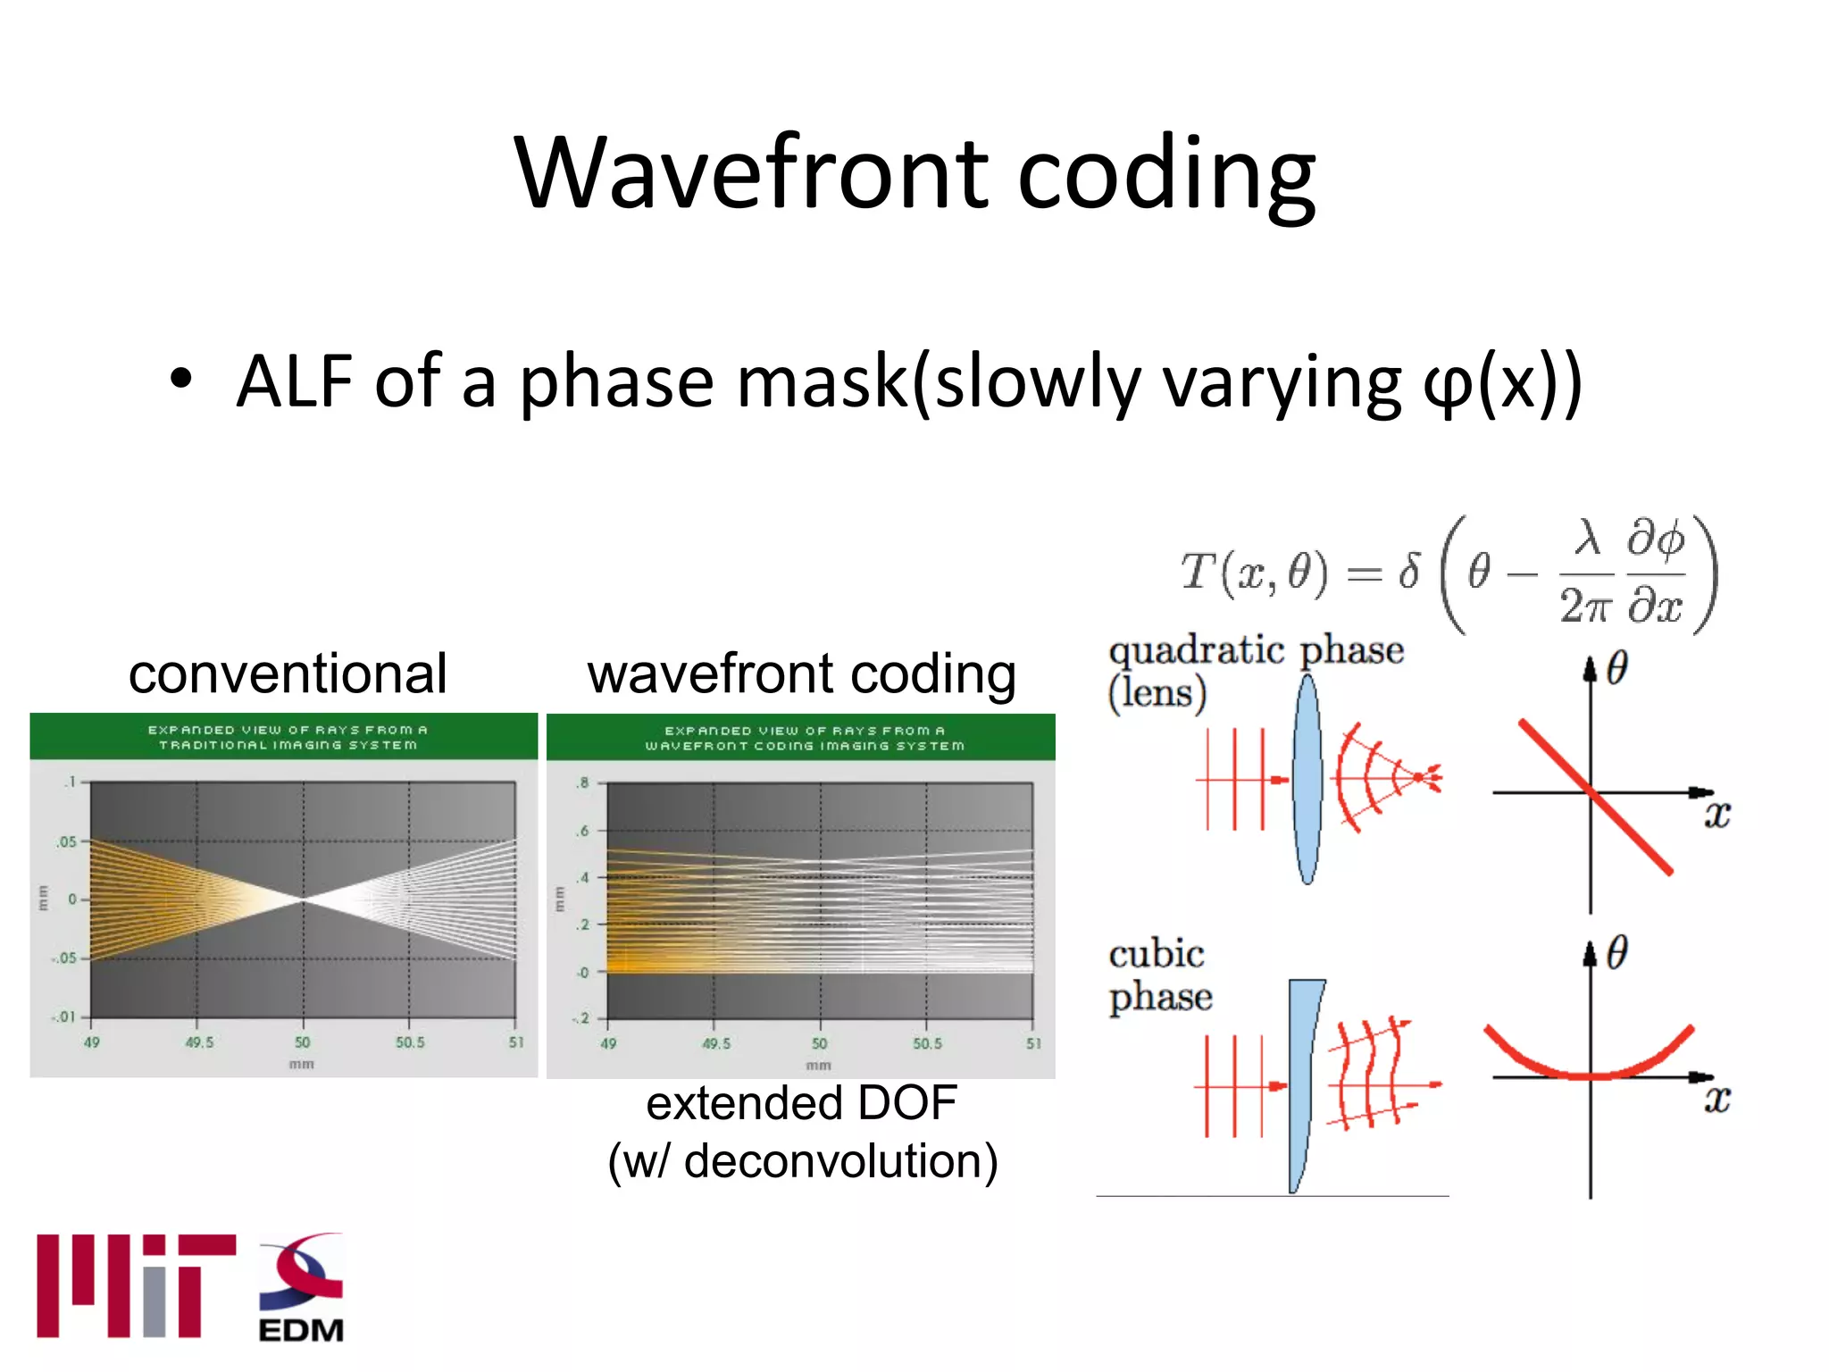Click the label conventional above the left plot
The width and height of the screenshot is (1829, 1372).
tap(288, 673)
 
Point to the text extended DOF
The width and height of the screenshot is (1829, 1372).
tap(801, 1103)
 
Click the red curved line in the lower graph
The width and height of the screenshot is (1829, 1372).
tap(1590, 1071)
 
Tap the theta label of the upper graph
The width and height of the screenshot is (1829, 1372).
tap(1617, 668)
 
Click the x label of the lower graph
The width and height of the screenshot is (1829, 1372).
tap(1716, 1099)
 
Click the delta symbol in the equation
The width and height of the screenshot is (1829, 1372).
tap(1409, 572)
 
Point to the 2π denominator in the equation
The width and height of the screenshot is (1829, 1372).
tap(1585, 607)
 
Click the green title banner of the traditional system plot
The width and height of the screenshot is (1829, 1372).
tap(284, 737)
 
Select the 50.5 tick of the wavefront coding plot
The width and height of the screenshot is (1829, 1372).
tap(926, 1043)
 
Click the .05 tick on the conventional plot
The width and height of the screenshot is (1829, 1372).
tap(66, 841)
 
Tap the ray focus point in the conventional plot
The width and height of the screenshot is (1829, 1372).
tap(303, 899)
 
